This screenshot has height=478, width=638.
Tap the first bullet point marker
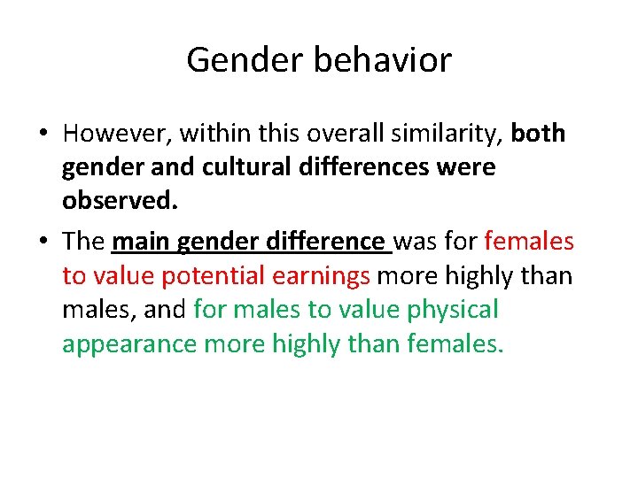click(43, 135)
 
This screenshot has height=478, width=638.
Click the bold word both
click(538, 134)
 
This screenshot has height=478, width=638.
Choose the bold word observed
click(120, 201)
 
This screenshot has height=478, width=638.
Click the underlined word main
click(141, 242)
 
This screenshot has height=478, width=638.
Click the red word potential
click(212, 276)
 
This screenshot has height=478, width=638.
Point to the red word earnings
click(321, 276)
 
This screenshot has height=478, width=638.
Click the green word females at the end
click(455, 343)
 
